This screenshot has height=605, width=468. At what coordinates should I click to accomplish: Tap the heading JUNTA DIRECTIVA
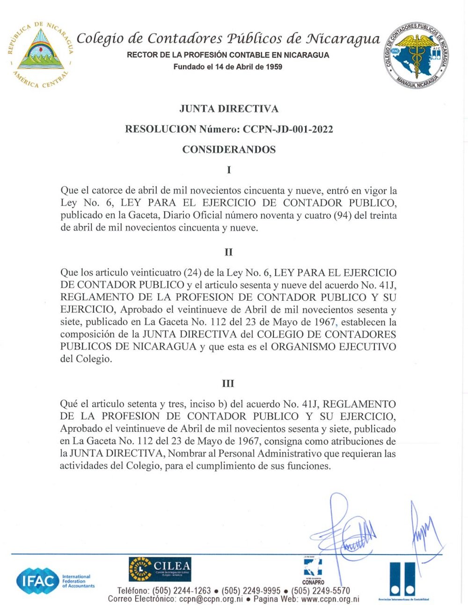click(229, 109)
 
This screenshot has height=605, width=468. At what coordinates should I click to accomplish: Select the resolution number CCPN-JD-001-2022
click(287, 130)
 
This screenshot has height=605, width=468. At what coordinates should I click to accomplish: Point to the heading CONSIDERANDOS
click(229, 150)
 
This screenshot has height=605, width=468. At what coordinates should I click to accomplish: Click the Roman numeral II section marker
click(228, 252)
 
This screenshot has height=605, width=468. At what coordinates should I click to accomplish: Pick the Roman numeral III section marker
click(228, 383)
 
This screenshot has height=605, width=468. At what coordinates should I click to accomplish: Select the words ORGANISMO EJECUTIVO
click(334, 347)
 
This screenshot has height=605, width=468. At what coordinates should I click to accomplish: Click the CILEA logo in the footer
click(160, 569)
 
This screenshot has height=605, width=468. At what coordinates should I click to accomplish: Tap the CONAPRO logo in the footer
click(313, 571)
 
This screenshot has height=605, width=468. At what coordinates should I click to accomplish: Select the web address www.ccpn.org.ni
click(330, 599)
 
